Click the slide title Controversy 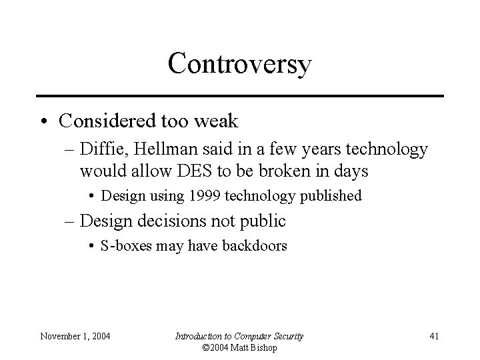(x=239, y=64)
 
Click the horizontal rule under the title (x=239, y=96)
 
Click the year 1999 (x=204, y=196)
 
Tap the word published (x=329, y=196)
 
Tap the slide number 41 (x=433, y=336)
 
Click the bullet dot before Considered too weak (x=44, y=121)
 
